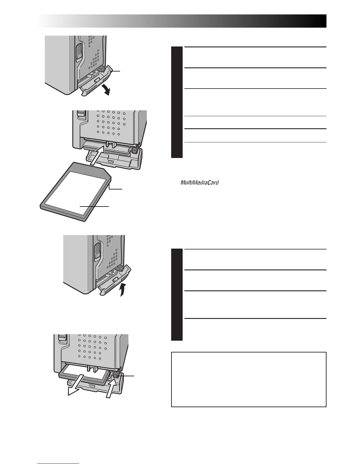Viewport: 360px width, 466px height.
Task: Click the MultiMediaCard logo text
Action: (200, 183)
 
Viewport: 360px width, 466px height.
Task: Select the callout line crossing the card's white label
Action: (94, 207)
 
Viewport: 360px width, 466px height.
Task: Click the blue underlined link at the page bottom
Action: (59, 464)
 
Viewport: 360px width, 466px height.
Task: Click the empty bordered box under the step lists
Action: (249, 379)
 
